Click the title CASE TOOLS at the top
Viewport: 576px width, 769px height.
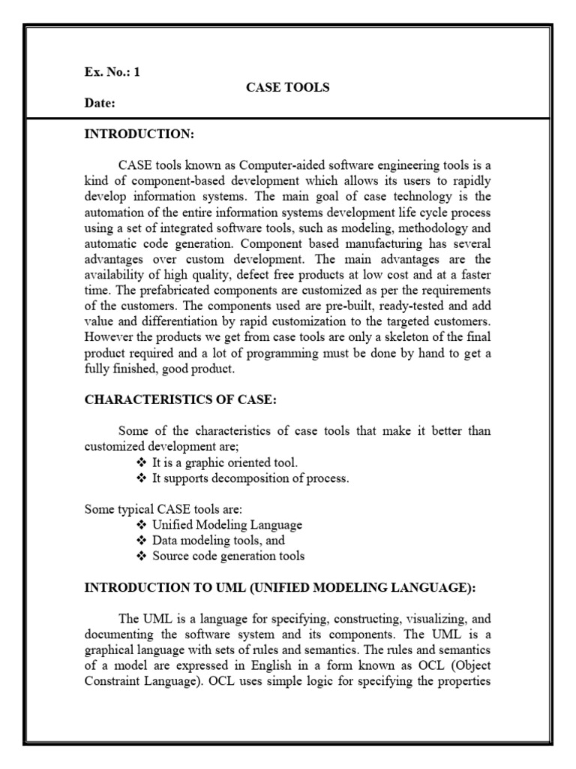(288, 88)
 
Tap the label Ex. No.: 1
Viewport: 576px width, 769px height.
(112, 74)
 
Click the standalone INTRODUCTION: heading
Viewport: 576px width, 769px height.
(139, 134)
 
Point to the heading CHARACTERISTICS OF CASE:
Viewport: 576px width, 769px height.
(180, 400)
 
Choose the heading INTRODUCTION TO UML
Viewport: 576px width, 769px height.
(279, 588)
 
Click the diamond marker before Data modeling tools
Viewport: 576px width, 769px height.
(143, 541)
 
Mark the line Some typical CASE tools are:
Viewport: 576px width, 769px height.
(151, 509)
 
